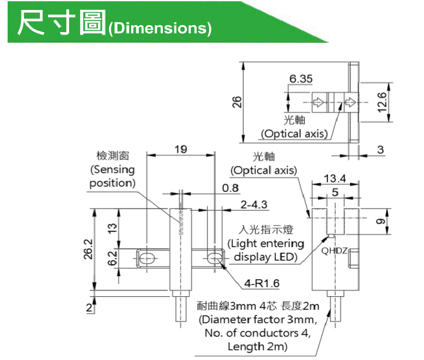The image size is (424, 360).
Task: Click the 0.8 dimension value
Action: (231, 188)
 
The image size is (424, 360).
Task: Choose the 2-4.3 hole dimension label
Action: (254, 205)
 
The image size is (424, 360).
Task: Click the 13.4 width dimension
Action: (335, 178)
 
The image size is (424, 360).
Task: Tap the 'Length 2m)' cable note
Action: (254, 347)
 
